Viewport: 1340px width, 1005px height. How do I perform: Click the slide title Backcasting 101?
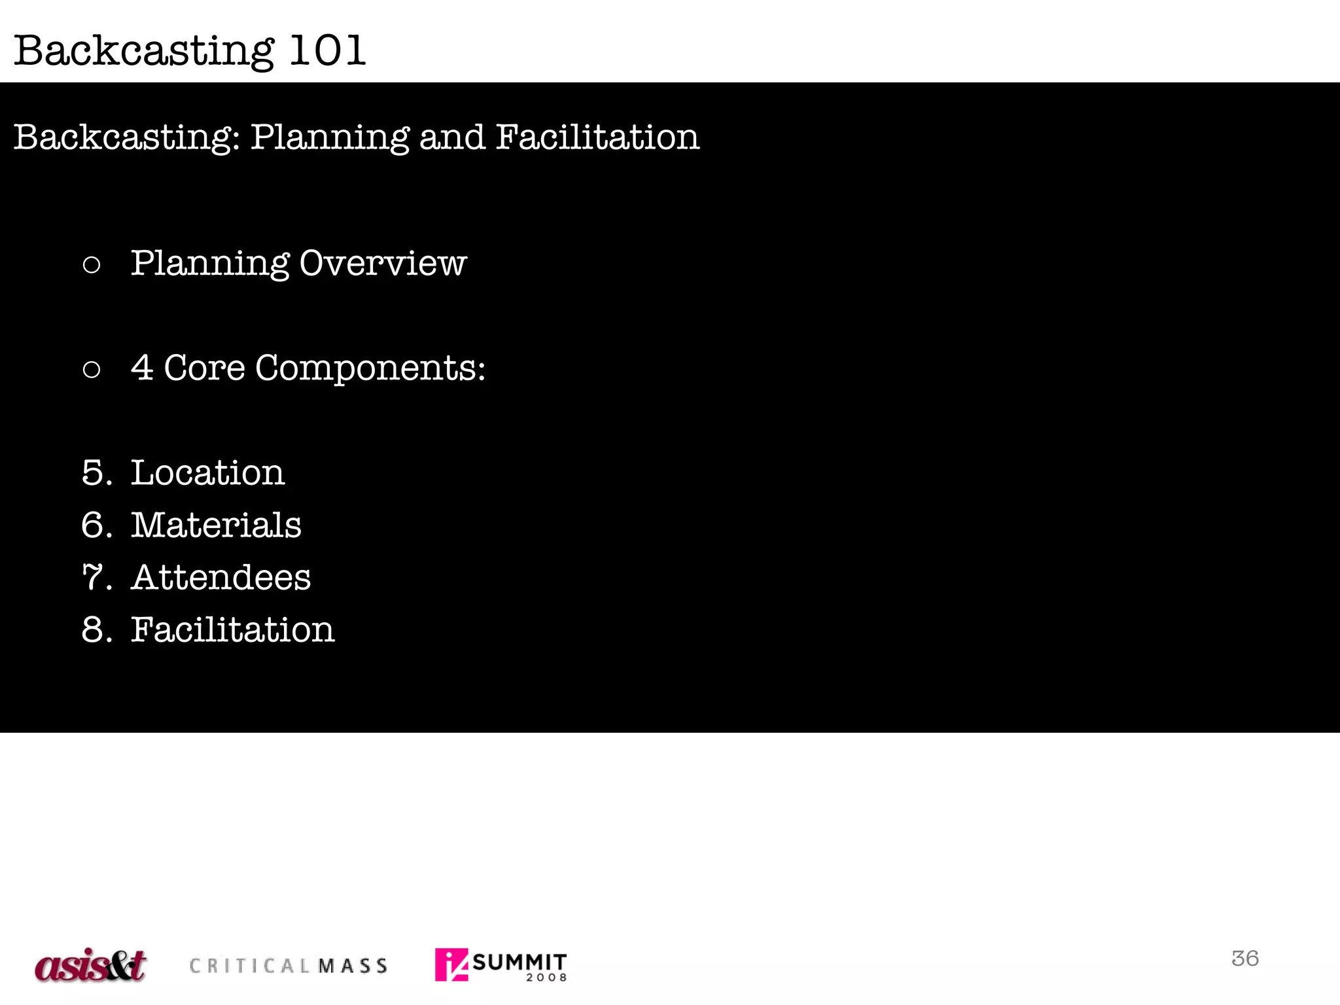190,50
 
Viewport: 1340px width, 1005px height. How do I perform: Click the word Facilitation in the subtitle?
597,137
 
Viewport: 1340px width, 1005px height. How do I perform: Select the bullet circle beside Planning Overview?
92,265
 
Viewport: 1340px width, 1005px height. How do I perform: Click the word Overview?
383,263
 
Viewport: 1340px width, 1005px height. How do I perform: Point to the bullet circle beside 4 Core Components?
92,370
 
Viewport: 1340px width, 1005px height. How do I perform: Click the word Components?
370,368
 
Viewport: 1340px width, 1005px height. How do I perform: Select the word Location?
207,472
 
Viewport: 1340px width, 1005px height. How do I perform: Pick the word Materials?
216,525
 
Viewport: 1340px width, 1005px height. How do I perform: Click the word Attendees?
220,577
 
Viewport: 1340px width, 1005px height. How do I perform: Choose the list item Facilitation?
232,629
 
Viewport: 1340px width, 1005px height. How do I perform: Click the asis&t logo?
90,965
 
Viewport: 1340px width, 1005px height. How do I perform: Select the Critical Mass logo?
288,966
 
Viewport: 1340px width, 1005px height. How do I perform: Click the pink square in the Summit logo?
451,964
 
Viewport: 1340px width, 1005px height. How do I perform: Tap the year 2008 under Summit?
546,978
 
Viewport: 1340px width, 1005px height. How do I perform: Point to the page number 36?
1244,959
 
